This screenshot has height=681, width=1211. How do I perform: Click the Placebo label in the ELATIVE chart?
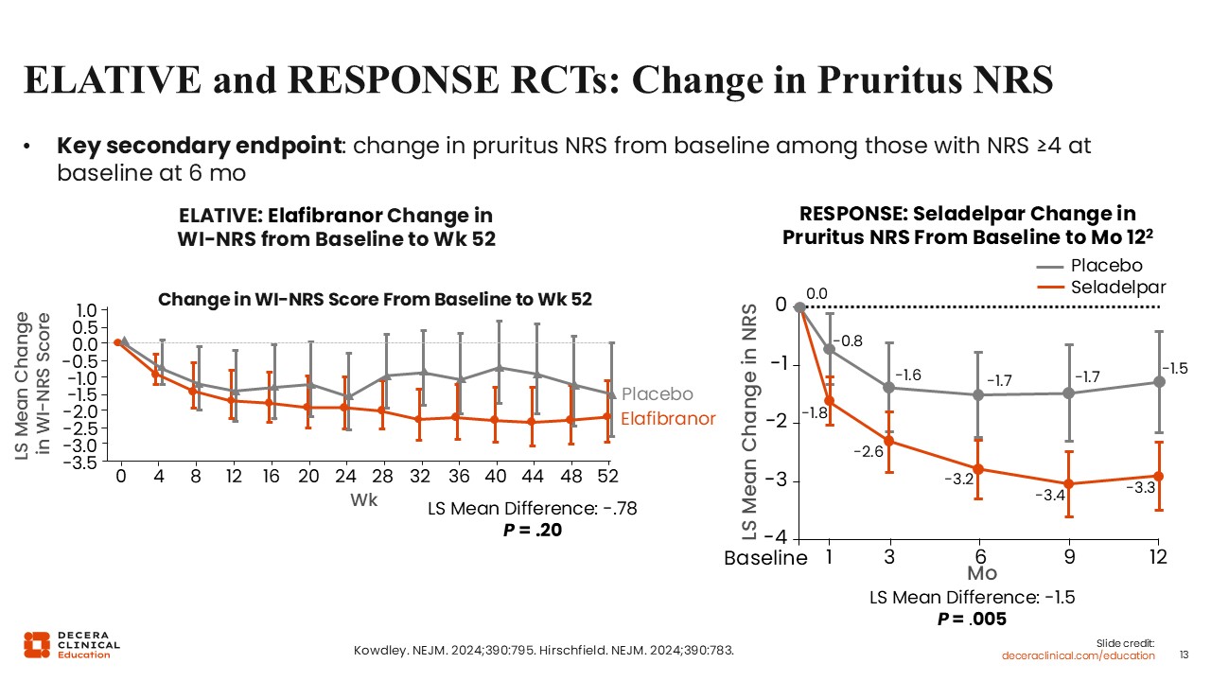(658, 394)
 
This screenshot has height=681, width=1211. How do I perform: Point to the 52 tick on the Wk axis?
(612, 476)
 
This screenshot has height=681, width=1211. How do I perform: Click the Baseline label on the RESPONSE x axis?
(765, 558)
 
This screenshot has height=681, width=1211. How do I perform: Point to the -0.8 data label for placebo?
(850, 340)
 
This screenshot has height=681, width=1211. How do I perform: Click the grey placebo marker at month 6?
(979, 394)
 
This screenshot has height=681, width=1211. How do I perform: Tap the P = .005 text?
(972, 619)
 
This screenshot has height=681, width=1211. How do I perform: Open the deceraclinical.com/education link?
(1079, 655)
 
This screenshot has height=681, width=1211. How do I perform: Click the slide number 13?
(1184, 655)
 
